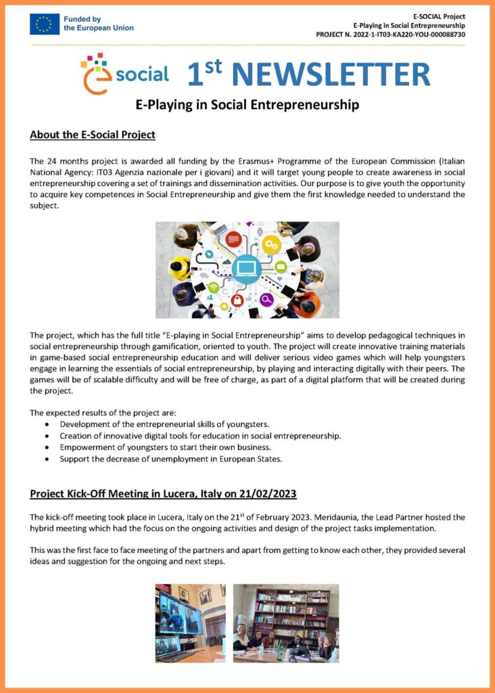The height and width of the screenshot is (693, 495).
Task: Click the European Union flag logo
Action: (x=45, y=24)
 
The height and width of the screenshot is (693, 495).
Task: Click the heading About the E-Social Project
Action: (x=93, y=135)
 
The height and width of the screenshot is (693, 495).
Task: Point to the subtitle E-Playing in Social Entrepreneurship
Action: (x=247, y=105)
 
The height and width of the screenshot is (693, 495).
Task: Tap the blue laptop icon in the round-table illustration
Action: (x=246, y=269)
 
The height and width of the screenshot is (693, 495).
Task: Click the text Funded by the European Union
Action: (x=98, y=24)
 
